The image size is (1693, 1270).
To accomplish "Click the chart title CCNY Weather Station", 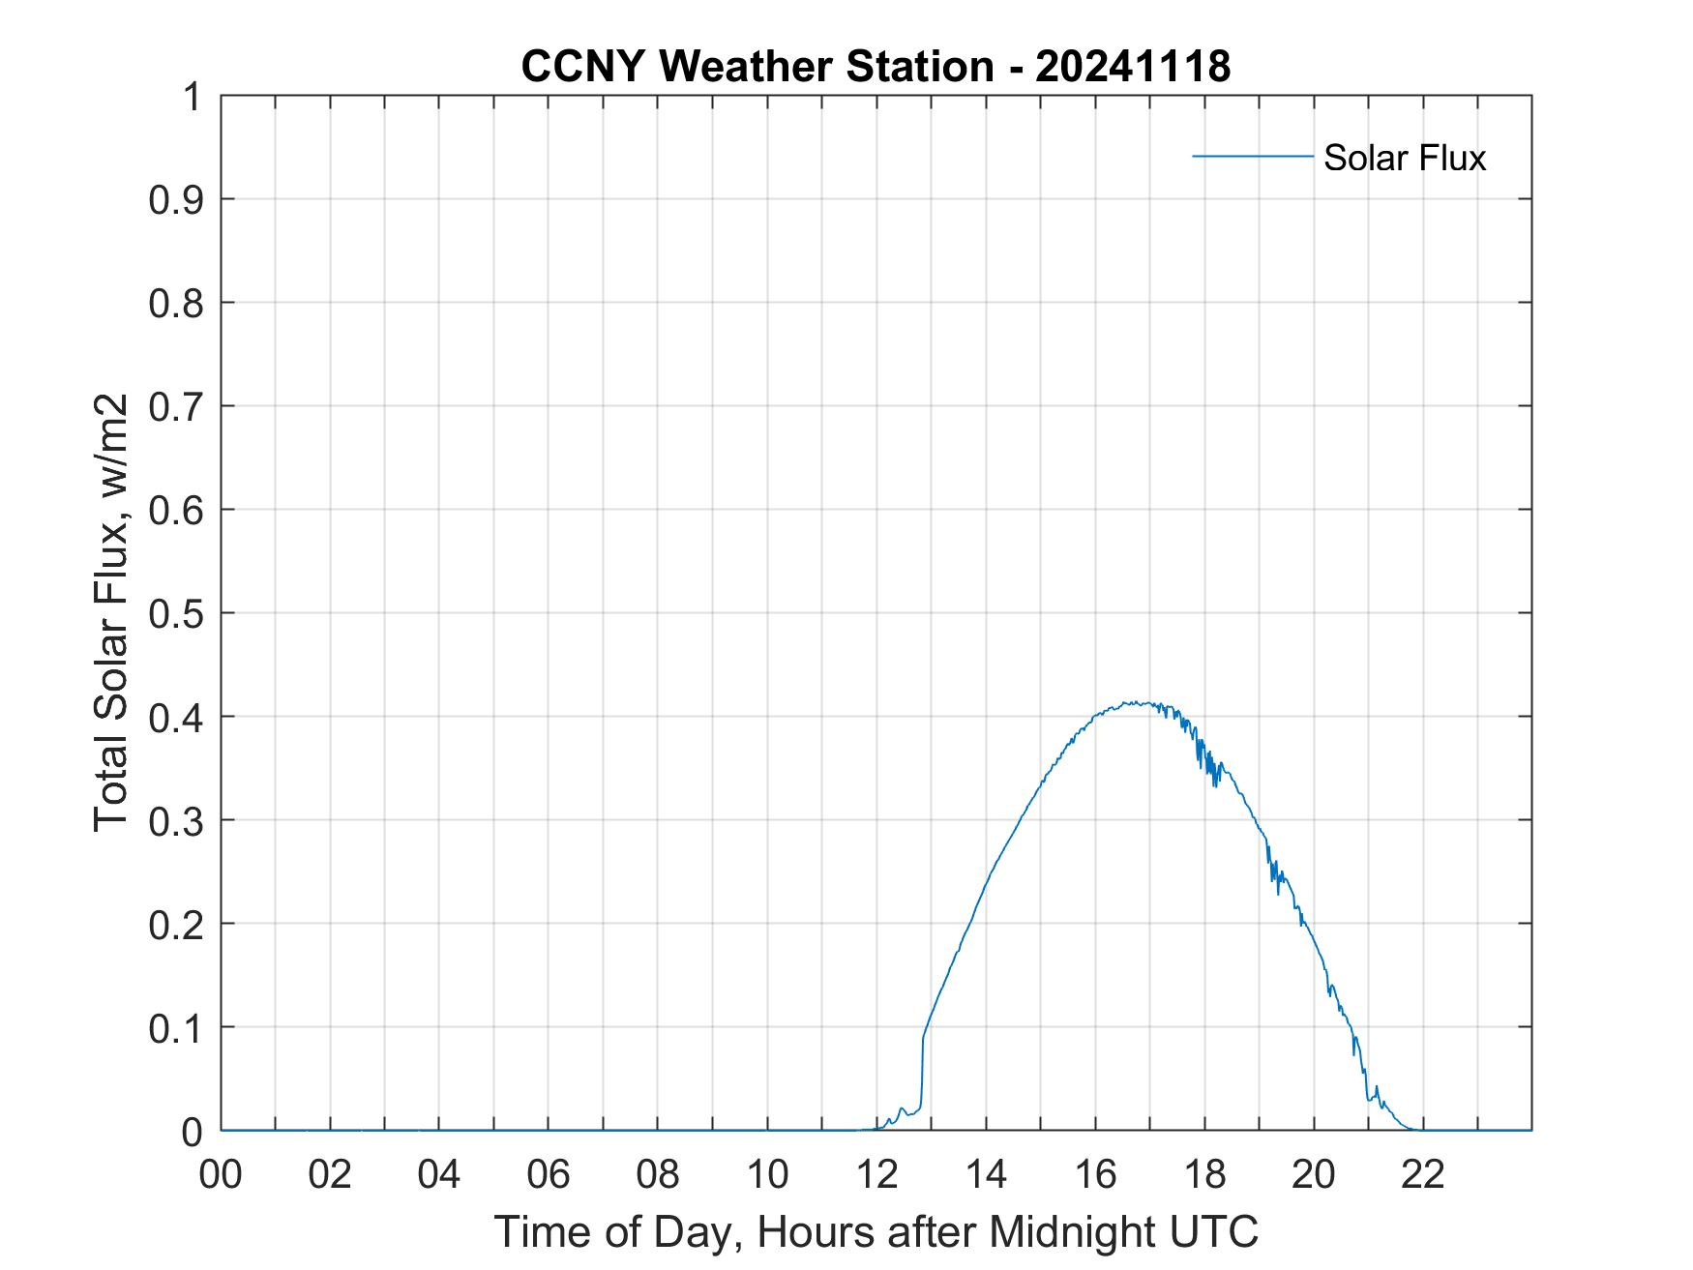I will click(x=757, y=67).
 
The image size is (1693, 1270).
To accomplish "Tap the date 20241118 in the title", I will click(x=1133, y=67).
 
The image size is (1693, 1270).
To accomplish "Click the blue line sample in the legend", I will click(x=1252, y=156).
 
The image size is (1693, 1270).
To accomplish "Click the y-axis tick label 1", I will click(x=193, y=97).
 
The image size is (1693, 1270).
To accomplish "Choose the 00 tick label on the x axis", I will click(x=221, y=1174).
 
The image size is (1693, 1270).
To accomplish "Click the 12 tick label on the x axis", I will click(x=876, y=1174).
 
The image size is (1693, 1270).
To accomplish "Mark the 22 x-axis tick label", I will click(x=1423, y=1174).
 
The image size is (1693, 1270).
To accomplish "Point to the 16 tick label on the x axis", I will click(x=1095, y=1174).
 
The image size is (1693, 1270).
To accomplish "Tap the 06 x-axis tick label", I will click(x=549, y=1174).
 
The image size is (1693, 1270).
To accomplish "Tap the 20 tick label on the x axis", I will click(x=1314, y=1174).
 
